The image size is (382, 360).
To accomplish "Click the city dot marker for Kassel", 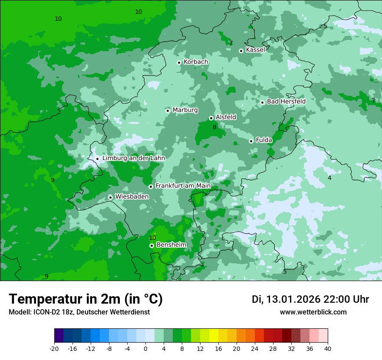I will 241,51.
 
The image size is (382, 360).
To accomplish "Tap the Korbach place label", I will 196,62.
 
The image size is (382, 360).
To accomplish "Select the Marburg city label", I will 185,110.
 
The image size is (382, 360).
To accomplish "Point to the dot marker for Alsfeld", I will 211,118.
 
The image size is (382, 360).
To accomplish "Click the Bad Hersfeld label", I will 286,101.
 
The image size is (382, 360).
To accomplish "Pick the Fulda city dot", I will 251,141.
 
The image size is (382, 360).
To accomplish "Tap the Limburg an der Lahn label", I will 133,158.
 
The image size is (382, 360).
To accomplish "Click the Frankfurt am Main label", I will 183,186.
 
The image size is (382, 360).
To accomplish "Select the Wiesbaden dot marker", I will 110,197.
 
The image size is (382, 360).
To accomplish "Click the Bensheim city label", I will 171,245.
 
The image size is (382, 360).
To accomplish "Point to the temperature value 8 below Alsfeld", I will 214,128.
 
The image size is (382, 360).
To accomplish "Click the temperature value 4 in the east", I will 329,178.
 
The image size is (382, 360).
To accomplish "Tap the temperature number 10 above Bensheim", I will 152,238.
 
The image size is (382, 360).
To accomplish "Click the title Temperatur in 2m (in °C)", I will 86,299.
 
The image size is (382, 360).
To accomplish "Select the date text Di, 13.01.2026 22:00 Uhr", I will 310,300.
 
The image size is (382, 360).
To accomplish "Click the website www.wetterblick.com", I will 313,312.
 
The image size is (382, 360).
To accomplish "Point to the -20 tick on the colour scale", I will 54,349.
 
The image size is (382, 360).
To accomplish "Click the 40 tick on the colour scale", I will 328,349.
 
